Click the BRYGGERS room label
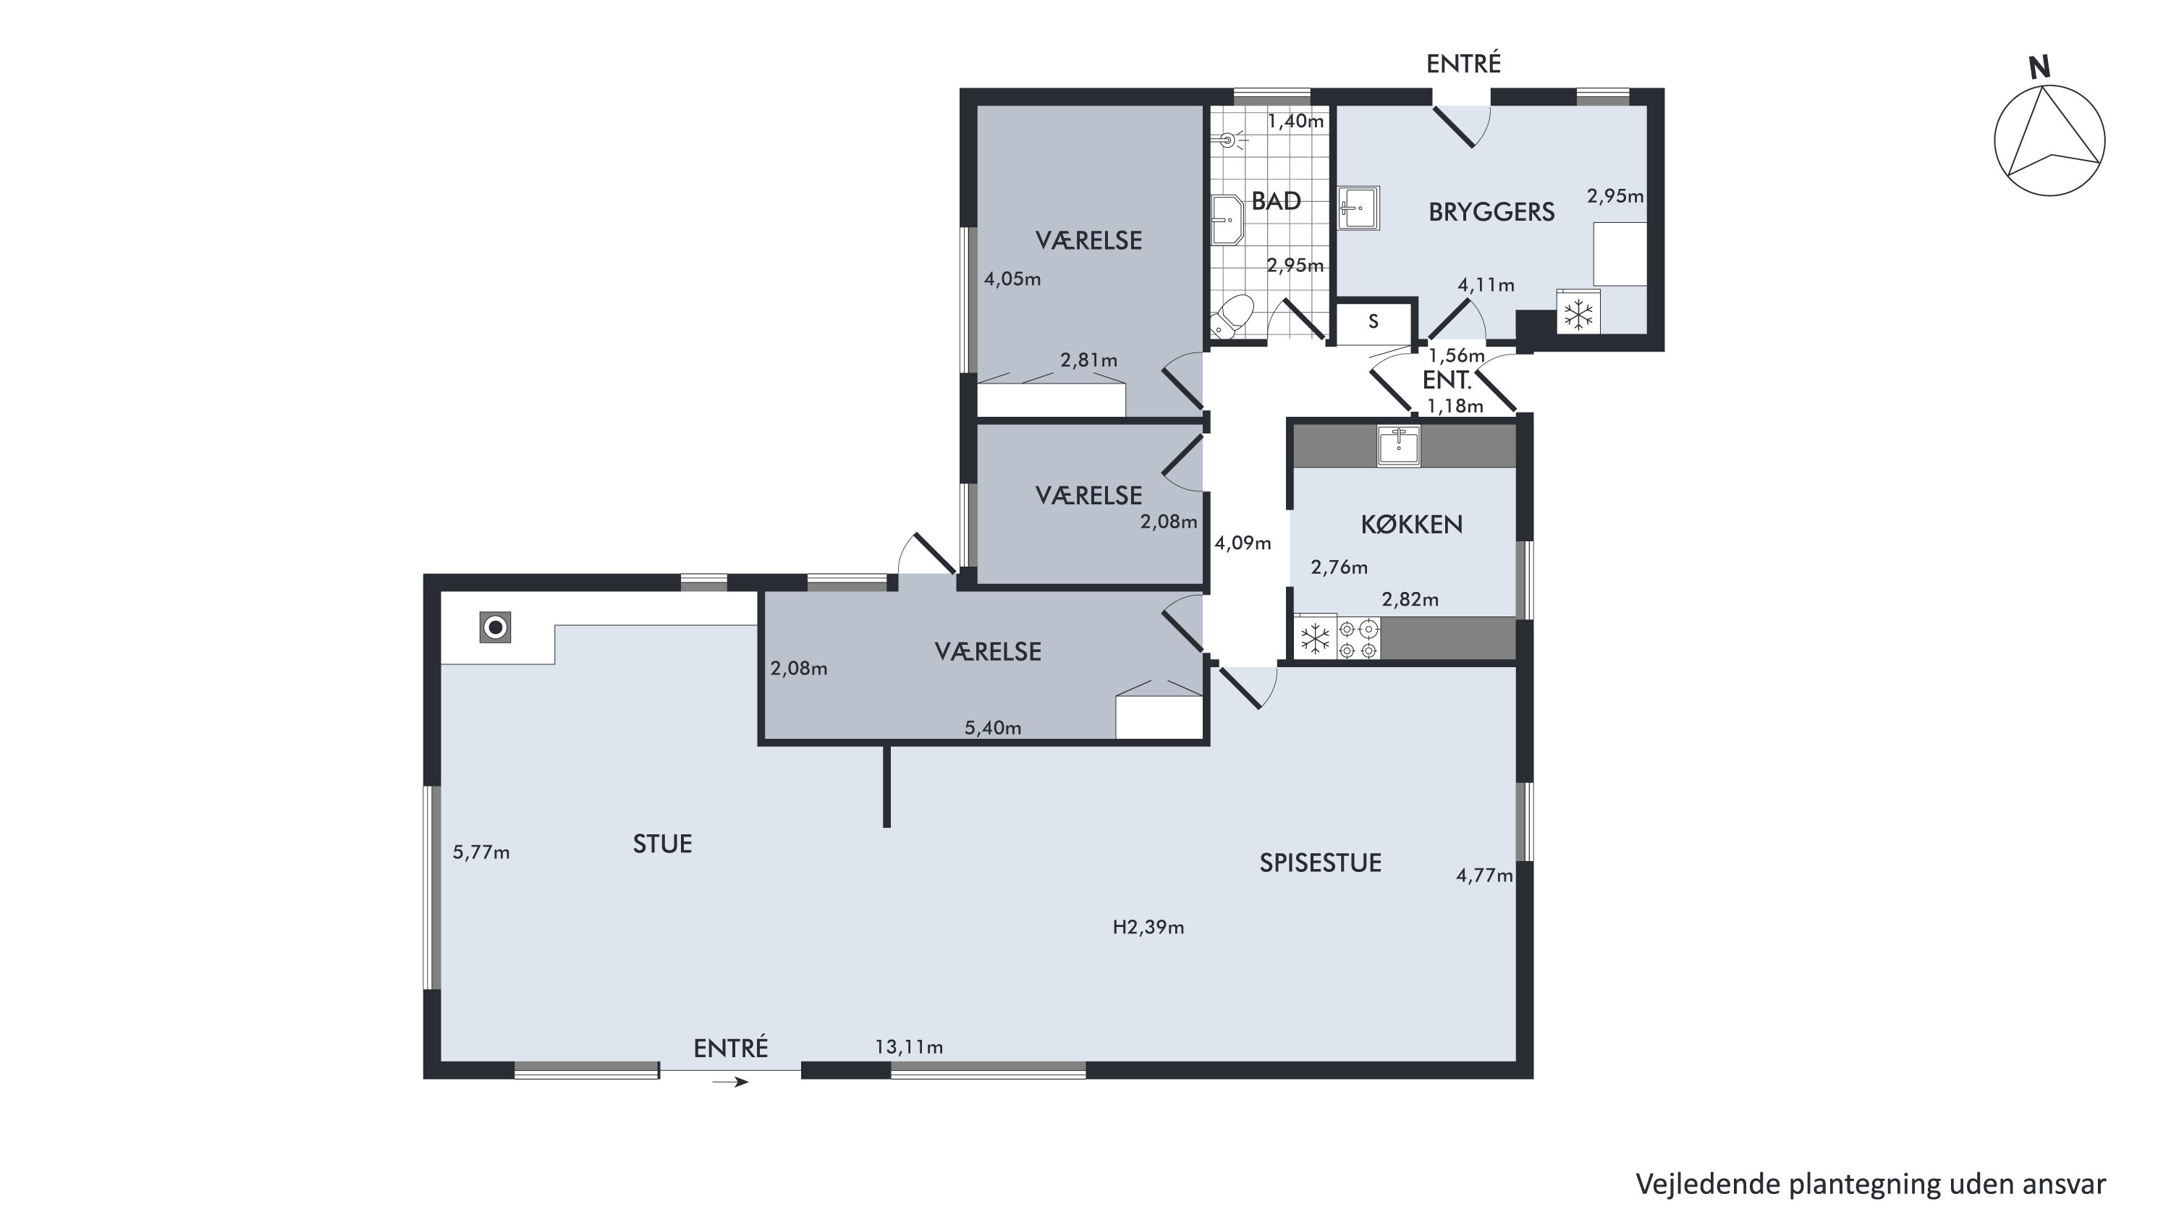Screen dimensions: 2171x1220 1491,211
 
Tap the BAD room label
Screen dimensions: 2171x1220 1276,200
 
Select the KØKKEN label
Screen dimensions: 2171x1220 1412,524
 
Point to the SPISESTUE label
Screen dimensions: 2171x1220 1320,863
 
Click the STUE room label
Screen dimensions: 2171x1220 662,844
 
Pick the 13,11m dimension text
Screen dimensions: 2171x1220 908,1047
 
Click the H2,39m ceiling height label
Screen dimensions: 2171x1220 1148,928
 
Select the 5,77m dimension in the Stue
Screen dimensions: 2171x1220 481,852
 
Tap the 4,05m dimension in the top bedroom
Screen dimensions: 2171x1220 1012,279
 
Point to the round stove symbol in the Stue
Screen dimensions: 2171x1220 496,627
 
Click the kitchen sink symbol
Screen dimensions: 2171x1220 1399,446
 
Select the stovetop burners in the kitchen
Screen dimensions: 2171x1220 1358,639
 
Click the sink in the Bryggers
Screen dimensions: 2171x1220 1358,207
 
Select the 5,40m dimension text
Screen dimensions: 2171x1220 993,728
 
